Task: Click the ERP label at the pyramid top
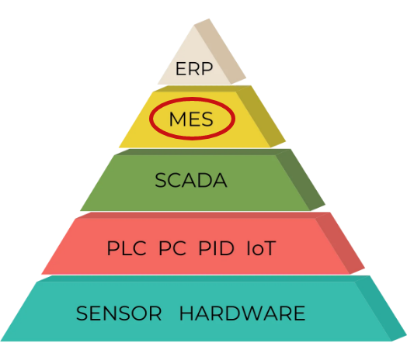[194, 69]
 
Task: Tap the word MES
[191, 119]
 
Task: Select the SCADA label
[191, 180]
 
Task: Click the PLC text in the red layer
[127, 248]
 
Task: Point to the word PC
[172, 248]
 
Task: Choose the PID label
[216, 248]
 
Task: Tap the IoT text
[261, 248]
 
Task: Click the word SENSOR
[119, 313]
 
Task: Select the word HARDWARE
[242, 313]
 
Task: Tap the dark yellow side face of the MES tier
[263, 116]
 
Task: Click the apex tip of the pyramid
[209, 19]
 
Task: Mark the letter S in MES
[207, 119]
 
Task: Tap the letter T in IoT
[269, 248]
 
